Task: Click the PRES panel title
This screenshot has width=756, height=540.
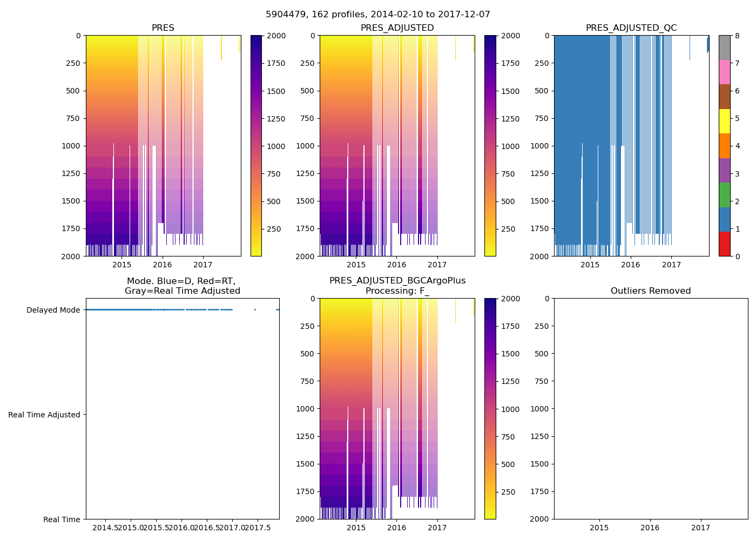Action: [163, 28]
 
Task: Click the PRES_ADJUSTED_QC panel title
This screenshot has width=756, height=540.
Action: [631, 28]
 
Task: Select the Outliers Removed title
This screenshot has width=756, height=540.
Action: [650, 291]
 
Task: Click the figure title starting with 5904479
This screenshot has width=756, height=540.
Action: [377, 15]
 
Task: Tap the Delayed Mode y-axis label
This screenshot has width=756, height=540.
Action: [53, 310]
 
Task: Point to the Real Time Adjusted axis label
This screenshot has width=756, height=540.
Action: [44, 415]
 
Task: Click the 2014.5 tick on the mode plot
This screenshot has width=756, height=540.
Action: [106, 528]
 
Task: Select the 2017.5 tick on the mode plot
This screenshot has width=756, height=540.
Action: [257, 528]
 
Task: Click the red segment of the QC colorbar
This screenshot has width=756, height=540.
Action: [724, 244]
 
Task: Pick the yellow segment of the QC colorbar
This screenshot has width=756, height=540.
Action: [724, 121]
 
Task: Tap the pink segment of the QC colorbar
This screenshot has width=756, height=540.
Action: [724, 72]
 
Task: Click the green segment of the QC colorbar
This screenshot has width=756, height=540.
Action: [724, 194]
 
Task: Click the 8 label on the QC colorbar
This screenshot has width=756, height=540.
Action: [737, 36]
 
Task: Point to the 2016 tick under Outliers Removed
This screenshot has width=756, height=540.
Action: [650, 528]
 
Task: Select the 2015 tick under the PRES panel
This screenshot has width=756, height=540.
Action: [122, 265]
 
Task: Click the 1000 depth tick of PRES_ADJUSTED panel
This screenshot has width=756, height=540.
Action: [307, 146]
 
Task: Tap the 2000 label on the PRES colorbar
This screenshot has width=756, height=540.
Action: [276, 36]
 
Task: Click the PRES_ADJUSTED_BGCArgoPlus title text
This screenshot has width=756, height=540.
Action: [397, 281]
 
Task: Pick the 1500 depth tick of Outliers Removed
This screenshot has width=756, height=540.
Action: [539, 464]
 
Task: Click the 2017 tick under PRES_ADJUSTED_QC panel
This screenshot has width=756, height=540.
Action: [671, 265]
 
